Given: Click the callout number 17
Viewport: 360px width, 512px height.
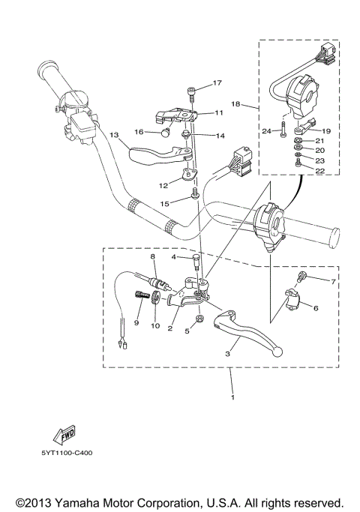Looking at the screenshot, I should [x=217, y=82].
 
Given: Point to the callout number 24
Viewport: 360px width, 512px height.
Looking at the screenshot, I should [x=266, y=131].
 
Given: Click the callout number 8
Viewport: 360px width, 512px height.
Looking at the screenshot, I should [x=152, y=257].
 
